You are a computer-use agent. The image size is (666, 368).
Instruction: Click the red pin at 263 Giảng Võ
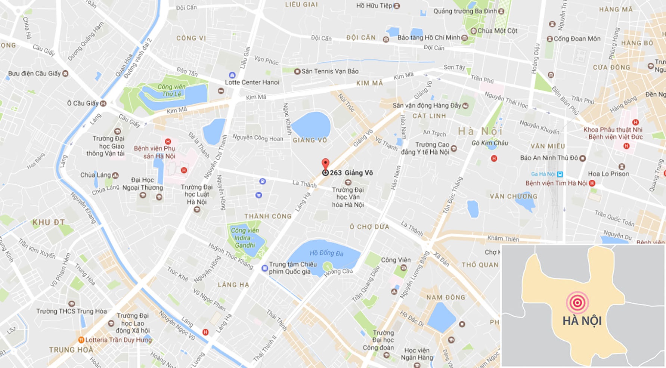point(325,164)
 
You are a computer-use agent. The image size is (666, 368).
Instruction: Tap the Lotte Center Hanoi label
point(252,82)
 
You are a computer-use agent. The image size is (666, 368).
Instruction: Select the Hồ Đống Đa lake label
point(326,253)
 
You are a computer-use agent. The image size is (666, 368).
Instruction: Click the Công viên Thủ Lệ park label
point(171,90)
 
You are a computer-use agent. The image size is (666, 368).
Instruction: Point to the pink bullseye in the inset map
point(577,302)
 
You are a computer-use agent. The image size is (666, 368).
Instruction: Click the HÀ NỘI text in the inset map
point(582,321)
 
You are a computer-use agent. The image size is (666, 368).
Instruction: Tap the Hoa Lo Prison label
point(608,174)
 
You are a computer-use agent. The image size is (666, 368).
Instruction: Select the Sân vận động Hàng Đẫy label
point(427,106)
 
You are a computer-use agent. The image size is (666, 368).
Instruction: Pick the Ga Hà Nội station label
point(543,174)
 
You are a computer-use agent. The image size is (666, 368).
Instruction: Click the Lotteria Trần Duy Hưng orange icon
point(81,340)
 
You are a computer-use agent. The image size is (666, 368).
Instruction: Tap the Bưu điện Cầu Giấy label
point(34,74)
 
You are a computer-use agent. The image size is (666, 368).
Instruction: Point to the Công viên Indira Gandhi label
point(245,238)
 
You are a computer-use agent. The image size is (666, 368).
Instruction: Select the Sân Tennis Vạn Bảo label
point(330,71)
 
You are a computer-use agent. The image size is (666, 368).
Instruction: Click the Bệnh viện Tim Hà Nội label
point(556,183)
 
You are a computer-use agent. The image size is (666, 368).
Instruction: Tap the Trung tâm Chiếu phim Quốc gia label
point(292,268)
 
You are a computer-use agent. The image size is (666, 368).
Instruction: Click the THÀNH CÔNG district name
point(267,216)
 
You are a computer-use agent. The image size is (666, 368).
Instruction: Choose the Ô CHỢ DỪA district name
point(369,227)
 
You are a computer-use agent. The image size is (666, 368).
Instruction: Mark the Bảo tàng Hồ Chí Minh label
point(429,38)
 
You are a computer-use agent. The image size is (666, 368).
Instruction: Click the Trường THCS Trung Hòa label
point(71,311)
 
